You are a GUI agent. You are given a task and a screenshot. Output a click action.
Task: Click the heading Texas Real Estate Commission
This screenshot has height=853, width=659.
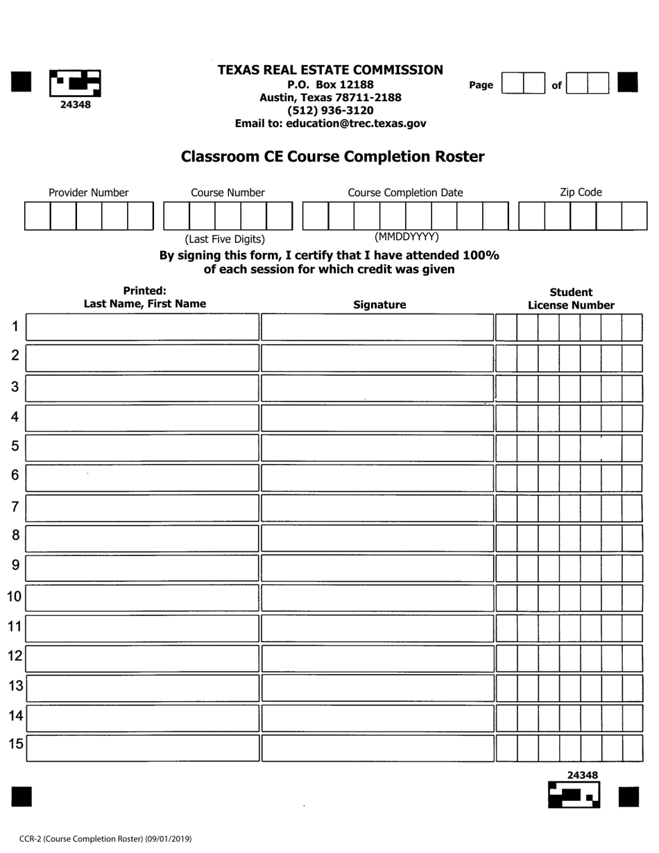point(330,70)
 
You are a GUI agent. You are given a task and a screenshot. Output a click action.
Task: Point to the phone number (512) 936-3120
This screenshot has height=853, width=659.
point(330,110)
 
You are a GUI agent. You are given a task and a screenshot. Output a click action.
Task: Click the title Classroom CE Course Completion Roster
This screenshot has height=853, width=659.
point(332,157)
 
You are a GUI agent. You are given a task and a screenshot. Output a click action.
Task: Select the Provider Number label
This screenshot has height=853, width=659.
point(88,193)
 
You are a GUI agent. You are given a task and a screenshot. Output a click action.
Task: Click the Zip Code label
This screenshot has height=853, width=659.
point(581,192)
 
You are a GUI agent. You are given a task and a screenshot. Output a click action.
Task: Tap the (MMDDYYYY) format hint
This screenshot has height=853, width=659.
point(406,236)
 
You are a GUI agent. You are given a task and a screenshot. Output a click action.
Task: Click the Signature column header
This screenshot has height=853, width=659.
point(379,304)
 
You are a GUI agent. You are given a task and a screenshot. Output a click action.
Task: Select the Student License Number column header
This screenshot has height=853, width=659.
point(571,299)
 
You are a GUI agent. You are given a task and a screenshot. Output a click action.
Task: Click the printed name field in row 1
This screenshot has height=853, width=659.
point(142,327)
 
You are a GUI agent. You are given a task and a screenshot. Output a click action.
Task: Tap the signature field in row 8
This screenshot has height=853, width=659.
point(377,538)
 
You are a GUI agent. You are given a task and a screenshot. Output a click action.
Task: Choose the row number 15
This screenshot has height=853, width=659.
point(15,745)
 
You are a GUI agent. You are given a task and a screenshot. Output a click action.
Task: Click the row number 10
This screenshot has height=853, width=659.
point(14,596)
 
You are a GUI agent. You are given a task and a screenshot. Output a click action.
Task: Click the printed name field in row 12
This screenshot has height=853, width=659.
point(142,658)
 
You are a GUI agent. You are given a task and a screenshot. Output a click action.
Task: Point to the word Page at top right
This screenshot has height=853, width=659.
point(481,85)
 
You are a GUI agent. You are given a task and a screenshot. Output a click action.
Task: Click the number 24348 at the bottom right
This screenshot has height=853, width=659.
point(582,775)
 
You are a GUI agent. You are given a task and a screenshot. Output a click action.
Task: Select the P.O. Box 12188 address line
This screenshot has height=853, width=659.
point(330,85)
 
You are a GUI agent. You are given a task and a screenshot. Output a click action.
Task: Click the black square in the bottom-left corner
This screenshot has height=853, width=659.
point(22,797)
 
